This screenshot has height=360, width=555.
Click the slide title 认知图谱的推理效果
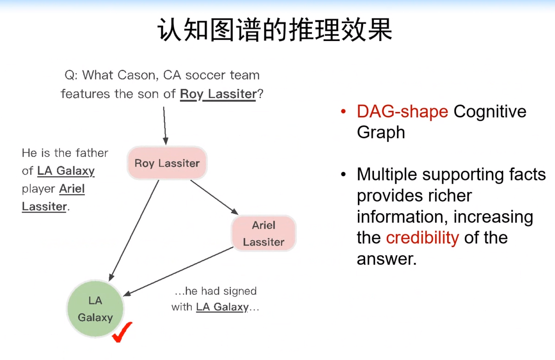pyautogui.click(x=275, y=31)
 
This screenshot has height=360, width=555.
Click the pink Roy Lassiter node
pyautogui.click(x=167, y=163)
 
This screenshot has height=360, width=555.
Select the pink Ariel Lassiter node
pyautogui.click(x=263, y=233)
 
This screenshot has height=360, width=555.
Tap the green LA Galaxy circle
pyautogui.click(x=95, y=309)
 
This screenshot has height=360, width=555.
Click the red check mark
pyautogui.click(x=122, y=332)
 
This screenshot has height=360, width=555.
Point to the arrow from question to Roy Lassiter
pyautogui.click(x=164, y=124)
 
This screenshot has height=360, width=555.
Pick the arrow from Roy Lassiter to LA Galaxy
pyautogui.click(x=134, y=230)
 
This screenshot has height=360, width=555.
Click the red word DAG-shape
pyautogui.click(x=402, y=111)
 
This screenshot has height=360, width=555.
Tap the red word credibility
pyautogui.click(x=422, y=238)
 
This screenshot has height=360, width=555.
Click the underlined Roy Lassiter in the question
pyautogui.click(x=218, y=94)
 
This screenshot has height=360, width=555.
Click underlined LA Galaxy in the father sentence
pyautogui.click(x=66, y=171)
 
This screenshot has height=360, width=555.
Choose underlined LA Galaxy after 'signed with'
pyautogui.click(x=222, y=307)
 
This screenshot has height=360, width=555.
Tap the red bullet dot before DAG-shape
pyautogui.click(x=343, y=112)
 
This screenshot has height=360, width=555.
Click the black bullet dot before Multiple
pyautogui.click(x=343, y=175)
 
